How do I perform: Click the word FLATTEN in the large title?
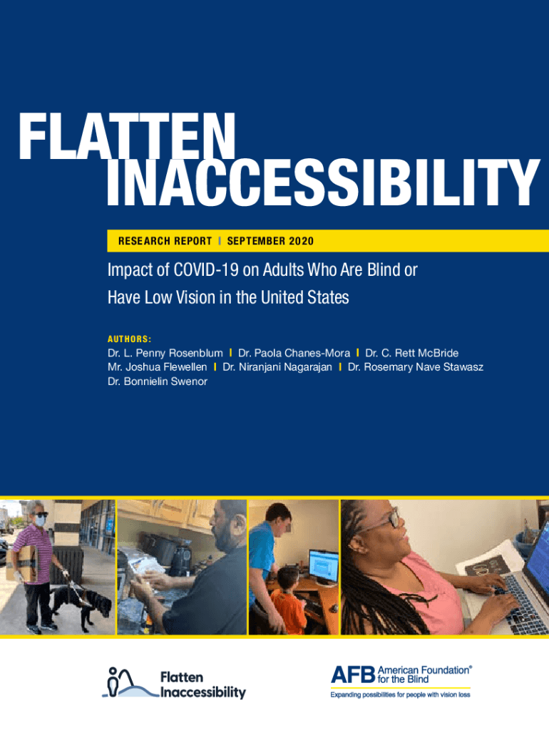point(127,136)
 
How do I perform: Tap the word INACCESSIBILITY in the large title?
point(324,182)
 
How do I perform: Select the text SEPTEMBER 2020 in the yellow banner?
point(270,241)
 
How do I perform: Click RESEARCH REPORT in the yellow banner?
point(165,241)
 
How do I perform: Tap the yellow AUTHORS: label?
point(130,339)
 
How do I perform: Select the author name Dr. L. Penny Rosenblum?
point(165,354)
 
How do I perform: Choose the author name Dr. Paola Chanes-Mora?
point(294,354)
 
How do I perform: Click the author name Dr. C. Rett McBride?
point(411,354)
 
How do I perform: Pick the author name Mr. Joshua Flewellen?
point(158,367)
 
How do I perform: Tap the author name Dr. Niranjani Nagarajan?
point(277,367)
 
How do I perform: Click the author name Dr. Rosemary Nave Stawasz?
point(416,367)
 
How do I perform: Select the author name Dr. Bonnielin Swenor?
point(158,382)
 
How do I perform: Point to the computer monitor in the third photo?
point(323,565)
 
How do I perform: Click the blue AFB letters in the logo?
point(353,674)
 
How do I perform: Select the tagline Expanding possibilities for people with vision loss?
point(401,695)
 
